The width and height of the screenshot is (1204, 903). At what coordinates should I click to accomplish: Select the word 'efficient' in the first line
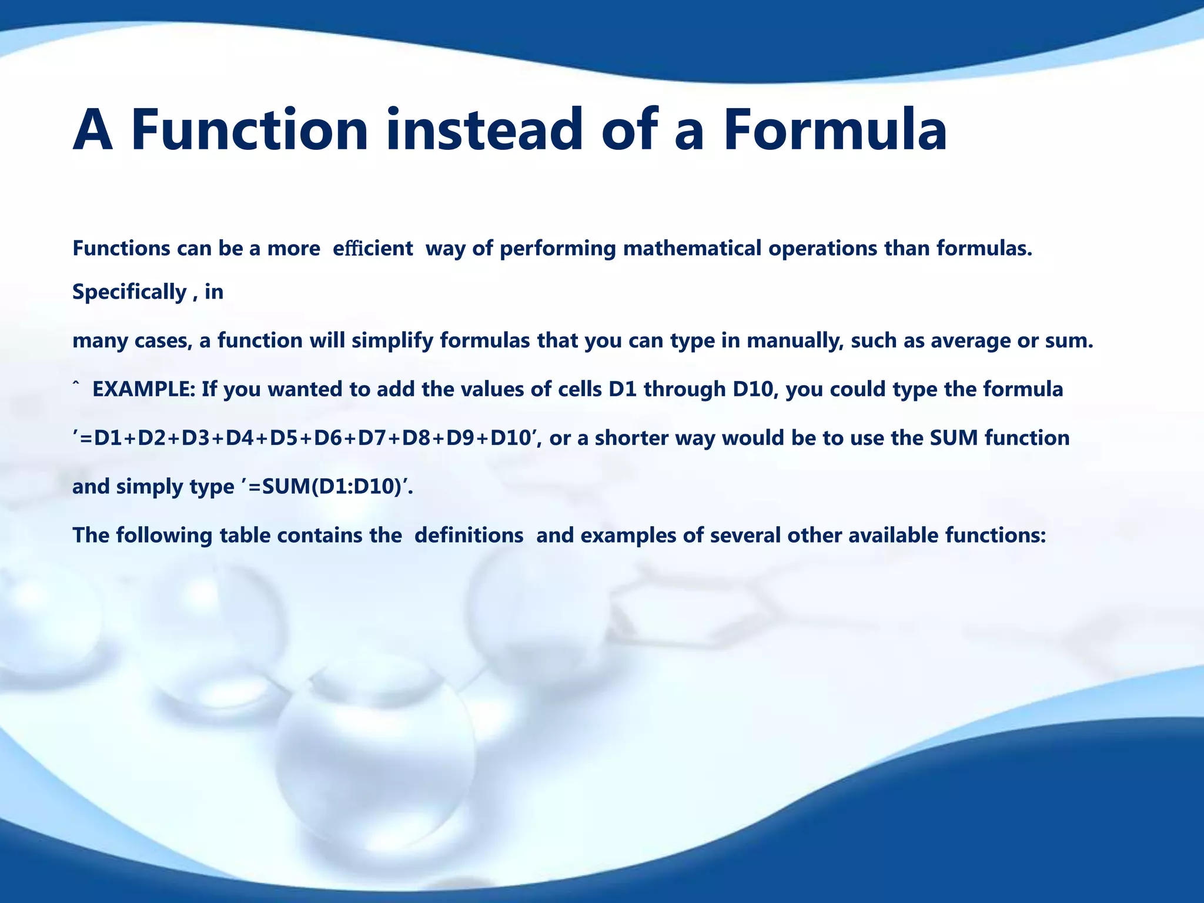pos(373,249)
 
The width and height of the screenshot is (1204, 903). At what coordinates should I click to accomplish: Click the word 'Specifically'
pos(129,292)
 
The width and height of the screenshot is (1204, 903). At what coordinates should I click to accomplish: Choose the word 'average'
pos(971,341)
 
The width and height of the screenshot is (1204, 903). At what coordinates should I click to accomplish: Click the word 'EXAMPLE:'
pos(144,390)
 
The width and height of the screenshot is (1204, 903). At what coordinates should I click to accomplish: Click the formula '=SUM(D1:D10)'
pos(325,487)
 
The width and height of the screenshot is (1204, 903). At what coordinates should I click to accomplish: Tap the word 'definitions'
pos(469,536)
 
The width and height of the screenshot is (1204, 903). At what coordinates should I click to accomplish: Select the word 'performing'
pos(557,249)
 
